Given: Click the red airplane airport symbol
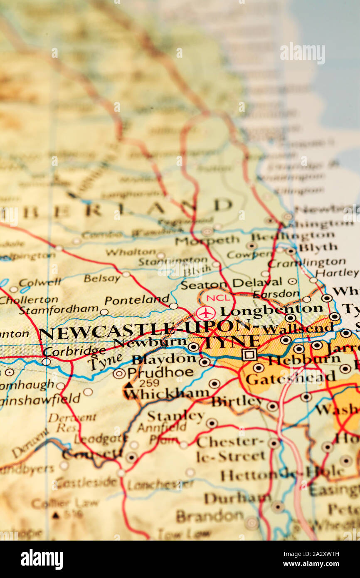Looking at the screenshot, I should [206, 313].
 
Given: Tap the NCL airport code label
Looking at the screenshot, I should [218, 298].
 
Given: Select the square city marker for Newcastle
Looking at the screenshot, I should [249, 354].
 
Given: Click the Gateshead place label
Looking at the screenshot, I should [290, 378].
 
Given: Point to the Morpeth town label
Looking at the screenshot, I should [207, 240].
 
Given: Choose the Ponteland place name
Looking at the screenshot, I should [137, 300].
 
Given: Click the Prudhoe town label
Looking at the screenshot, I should [160, 372].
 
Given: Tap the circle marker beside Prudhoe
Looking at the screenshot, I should [119, 373].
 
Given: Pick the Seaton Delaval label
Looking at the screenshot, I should [231, 284].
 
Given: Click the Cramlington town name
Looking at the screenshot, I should [306, 262].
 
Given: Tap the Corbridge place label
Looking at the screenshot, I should [74, 351].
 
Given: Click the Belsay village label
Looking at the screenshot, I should [102, 278].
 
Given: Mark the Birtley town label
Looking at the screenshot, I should [237, 402].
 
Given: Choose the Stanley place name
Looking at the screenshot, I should [175, 416].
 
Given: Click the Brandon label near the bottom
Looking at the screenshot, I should [210, 516].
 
